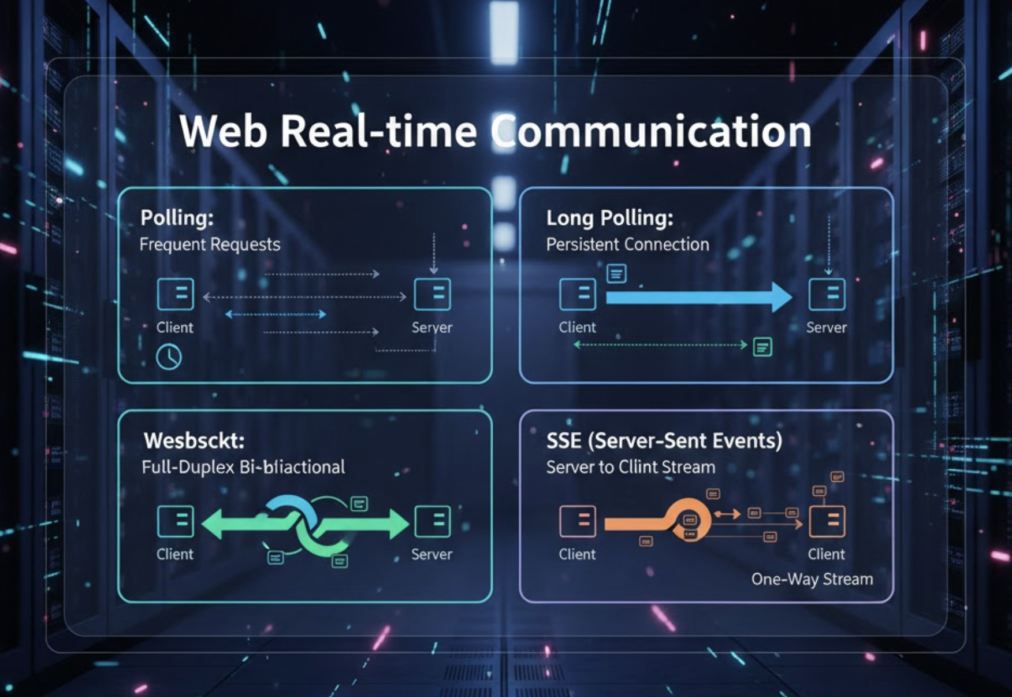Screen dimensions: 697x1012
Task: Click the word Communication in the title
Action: tap(652, 132)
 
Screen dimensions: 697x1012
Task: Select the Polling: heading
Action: tap(177, 218)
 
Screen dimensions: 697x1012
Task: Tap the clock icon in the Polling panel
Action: tap(169, 357)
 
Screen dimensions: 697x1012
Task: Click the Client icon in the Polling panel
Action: tap(175, 294)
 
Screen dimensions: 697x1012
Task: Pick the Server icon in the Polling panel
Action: tap(432, 294)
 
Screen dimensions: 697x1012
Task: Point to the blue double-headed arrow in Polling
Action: tap(276, 314)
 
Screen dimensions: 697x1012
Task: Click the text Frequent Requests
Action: tap(210, 244)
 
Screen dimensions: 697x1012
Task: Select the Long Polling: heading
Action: tap(609, 218)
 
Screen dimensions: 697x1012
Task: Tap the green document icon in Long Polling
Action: tap(762, 347)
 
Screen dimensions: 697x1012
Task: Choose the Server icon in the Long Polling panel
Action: tap(827, 294)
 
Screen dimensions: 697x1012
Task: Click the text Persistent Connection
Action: tap(627, 244)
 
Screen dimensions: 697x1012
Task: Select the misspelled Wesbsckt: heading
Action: tap(194, 441)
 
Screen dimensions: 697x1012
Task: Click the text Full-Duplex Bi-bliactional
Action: tap(243, 467)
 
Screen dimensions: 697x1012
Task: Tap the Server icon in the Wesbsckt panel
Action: tap(432, 521)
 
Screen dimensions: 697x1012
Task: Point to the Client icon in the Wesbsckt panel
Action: tap(175, 521)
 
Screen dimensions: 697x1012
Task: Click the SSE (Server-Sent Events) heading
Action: tap(664, 441)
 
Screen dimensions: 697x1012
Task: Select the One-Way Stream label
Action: tap(812, 579)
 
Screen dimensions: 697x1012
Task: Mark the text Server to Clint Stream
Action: tap(631, 467)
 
